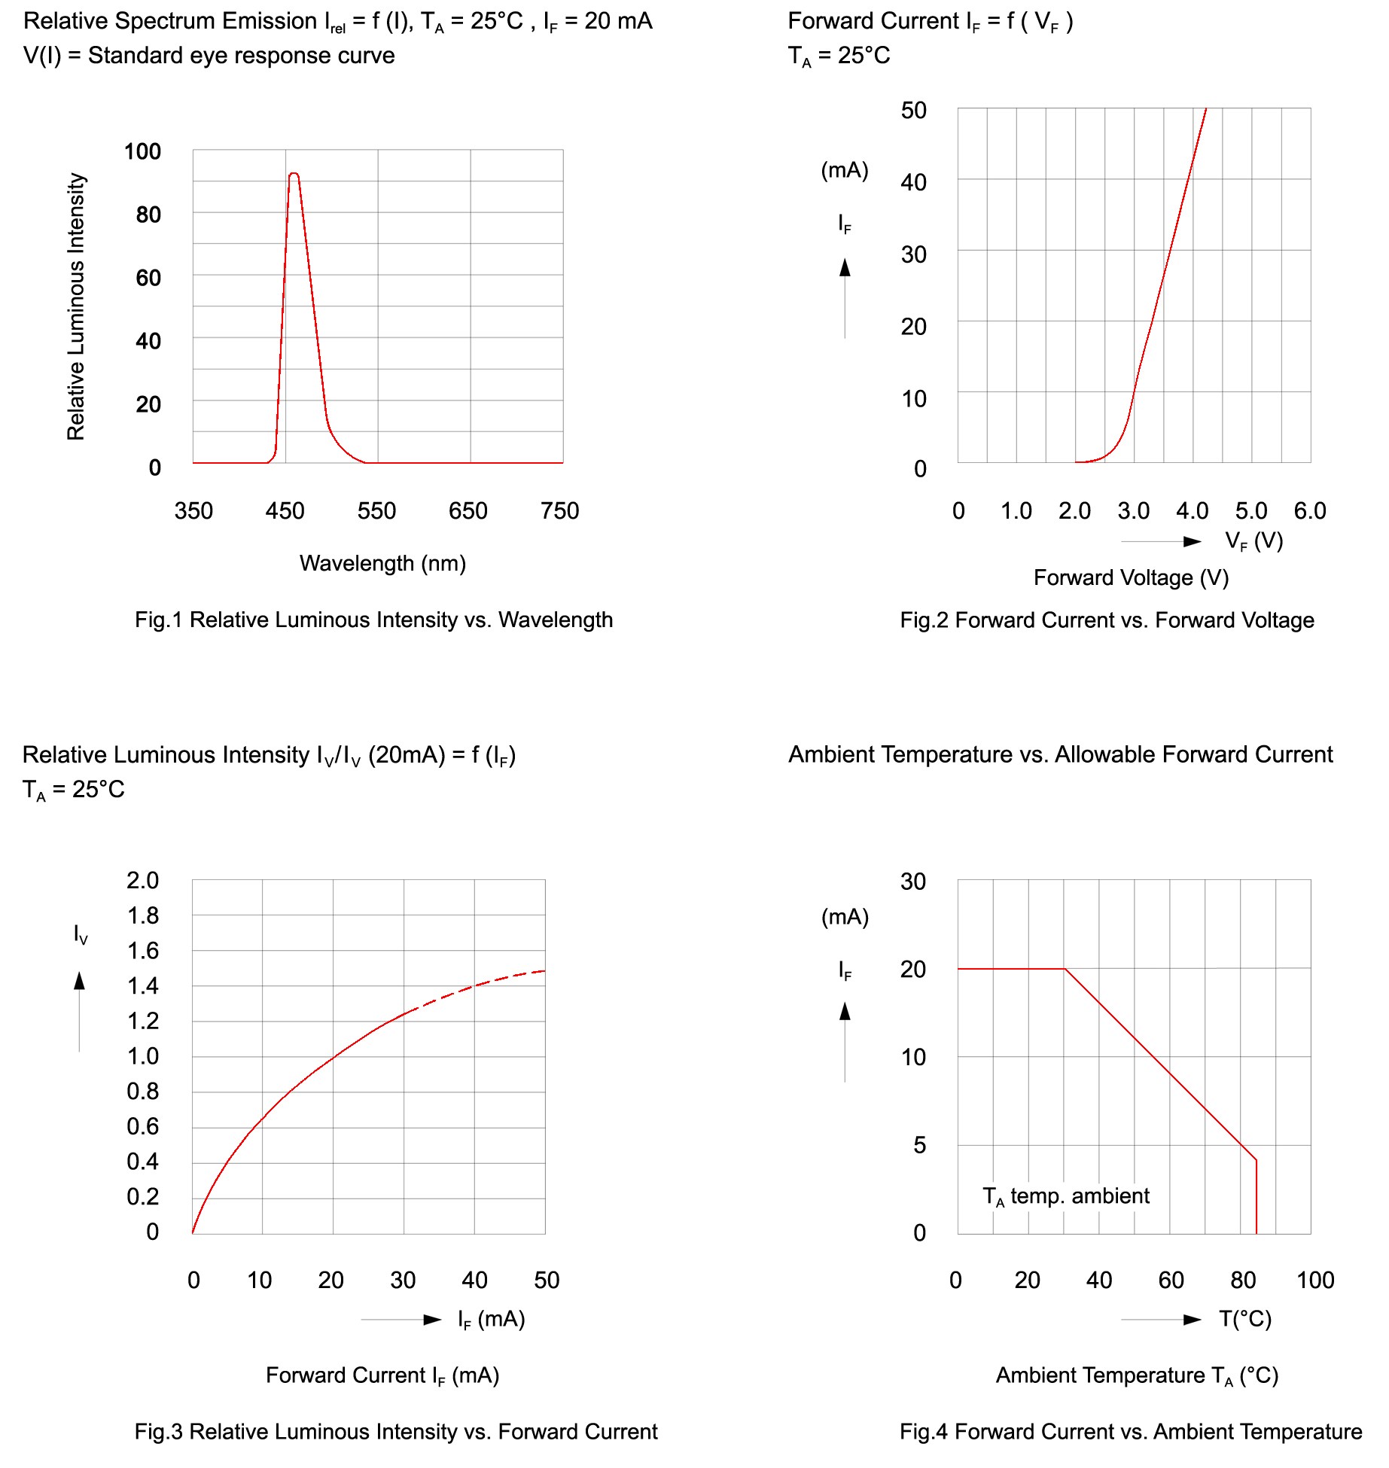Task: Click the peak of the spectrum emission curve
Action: tap(294, 174)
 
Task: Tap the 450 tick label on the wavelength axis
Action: tap(285, 511)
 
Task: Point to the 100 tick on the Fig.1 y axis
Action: tap(142, 152)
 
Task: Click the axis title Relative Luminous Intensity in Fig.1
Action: tap(76, 306)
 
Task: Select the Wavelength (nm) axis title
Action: tap(382, 563)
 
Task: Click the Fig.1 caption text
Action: tap(373, 620)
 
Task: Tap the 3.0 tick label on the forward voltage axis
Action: tap(1133, 511)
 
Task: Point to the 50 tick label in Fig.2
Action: tap(913, 111)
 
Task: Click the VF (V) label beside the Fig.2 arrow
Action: tap(1253, 541)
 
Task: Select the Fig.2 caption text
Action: tap(1107, 620)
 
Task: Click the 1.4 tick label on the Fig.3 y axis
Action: tap(143, 985)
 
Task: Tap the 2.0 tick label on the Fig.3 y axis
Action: tap(143, 880)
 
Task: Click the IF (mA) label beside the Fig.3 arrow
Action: tap(491, 1319)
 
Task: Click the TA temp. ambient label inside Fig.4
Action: tap(1066, 1196)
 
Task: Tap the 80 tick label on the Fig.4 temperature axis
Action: tap(1243, 1280)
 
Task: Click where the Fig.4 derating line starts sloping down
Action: tap(1065, 969)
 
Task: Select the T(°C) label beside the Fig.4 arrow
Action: tap(1245, 1319)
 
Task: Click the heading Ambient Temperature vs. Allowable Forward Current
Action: tap(1060, 754)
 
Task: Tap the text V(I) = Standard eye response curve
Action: tap(209, 56)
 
